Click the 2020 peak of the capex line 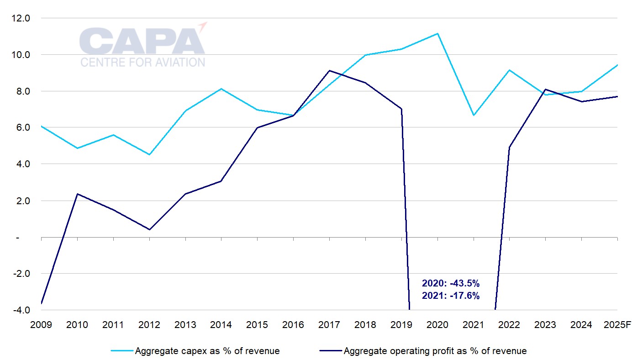click(x=437, y=33)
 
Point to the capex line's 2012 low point click(x=149, y=154)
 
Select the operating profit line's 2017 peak click(x=329, y=70)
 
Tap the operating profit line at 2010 click(x=77, y=194)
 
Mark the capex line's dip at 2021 click(x=474, y=115)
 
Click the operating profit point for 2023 click(x=546, y=90)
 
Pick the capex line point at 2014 click(x=221, y=89)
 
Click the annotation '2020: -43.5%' click(x=450, y=283)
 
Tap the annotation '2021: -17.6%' click(x=450, y=296)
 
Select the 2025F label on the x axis click(x=617, y=325)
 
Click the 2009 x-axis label click(x=41, y=325)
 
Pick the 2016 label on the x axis click(x=293, y=325)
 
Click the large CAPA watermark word click(x=142, y=41)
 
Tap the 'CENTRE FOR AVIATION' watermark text click(x=142, y=62)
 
